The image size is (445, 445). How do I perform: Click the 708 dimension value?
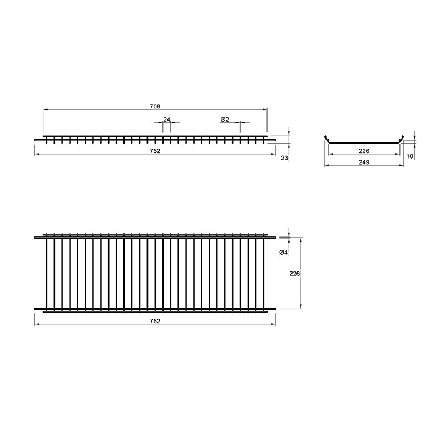[155, 106]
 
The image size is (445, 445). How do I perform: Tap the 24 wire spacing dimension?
[166, 120]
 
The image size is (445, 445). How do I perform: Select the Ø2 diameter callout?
[225, 120]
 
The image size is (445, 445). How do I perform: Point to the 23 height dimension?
[284, 158]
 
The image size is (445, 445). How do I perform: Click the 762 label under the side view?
[155, 151]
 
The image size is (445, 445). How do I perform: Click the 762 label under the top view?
[155, 321]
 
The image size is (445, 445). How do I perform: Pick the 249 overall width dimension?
[364, 162]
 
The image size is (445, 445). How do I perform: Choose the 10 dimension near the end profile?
[410, 156]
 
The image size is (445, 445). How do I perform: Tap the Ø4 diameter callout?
[284, 252]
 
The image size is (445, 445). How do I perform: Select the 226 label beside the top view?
[295, 274]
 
